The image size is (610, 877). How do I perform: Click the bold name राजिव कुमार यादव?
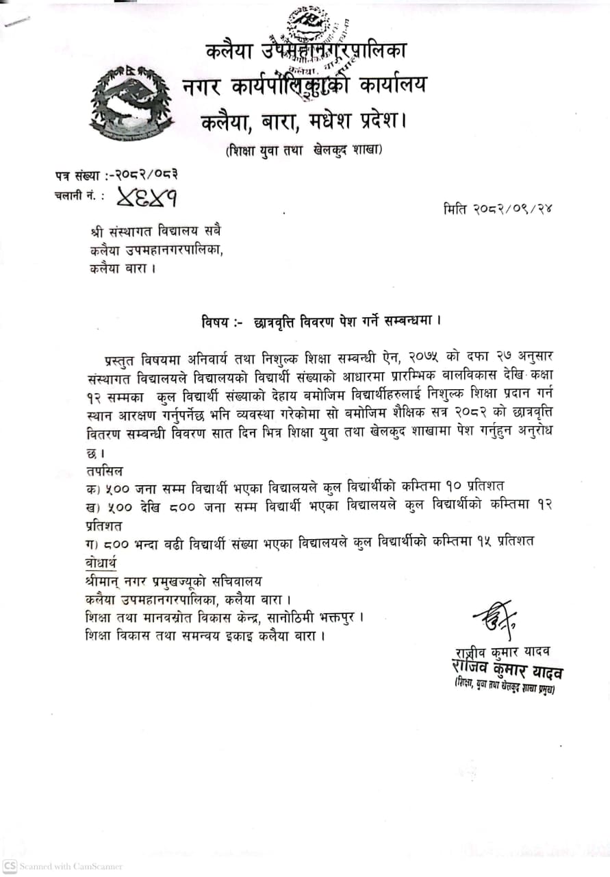click(507, 669)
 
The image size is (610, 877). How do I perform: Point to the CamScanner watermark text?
click(62, 866)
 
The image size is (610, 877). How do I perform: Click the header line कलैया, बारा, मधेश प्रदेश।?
click(303, 122)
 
